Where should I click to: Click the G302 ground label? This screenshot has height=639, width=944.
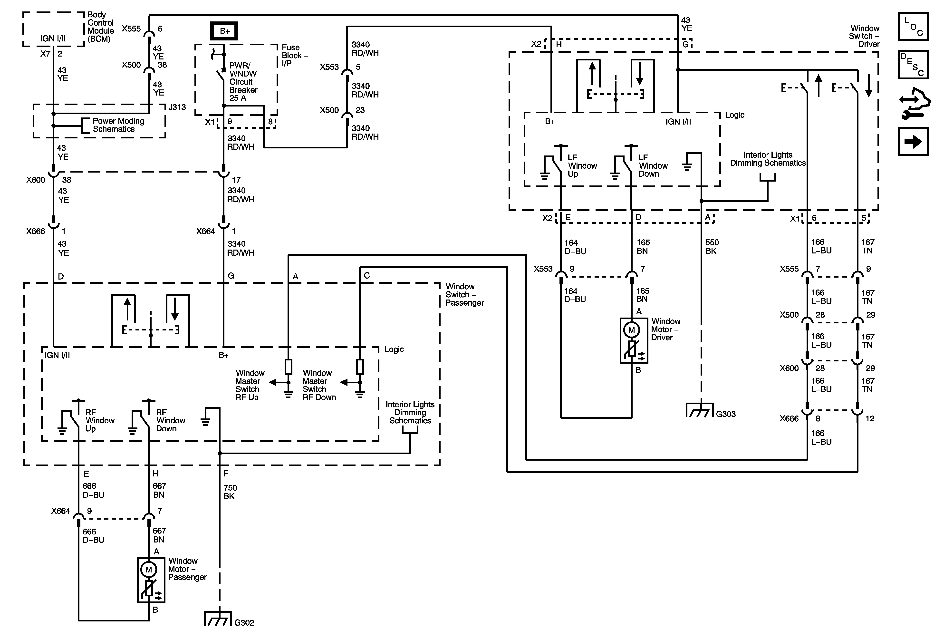point(244,622)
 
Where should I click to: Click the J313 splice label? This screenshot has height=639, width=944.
point(177,107)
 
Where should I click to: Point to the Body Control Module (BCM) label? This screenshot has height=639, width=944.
point(100,27)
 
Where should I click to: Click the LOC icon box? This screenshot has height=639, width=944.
point(913,26)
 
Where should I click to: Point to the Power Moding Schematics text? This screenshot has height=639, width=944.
point(118,125)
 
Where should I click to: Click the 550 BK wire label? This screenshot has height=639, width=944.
point(712,247)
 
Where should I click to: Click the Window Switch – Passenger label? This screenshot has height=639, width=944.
point(464,294)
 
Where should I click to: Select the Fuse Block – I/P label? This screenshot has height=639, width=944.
point(295,55)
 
